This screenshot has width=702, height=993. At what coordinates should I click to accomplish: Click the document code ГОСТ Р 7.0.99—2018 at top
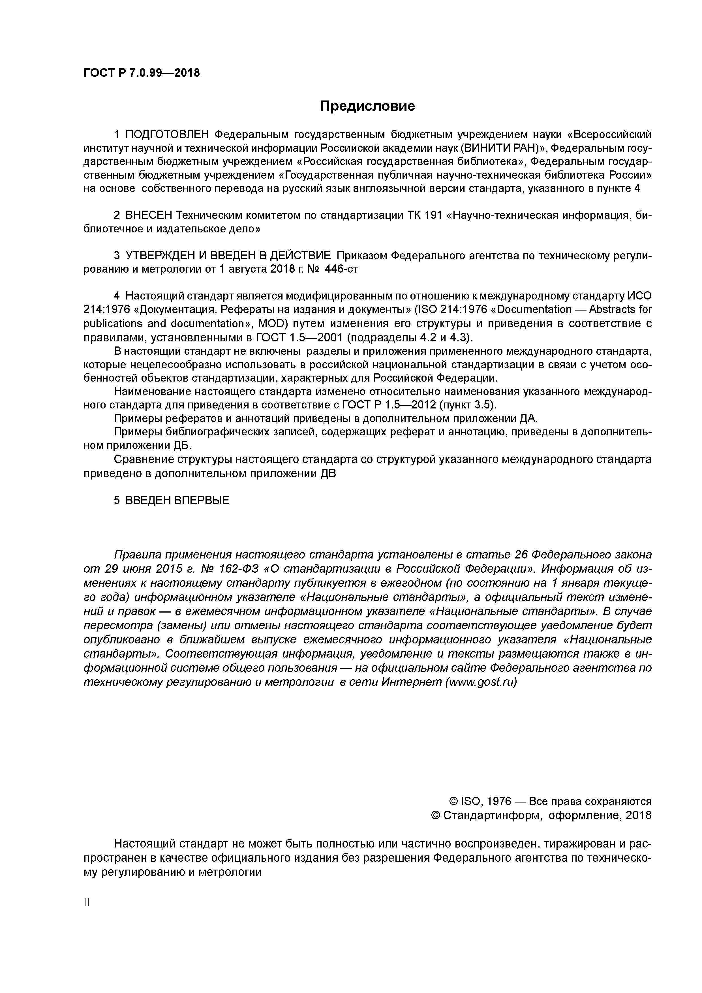(142, 73)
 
